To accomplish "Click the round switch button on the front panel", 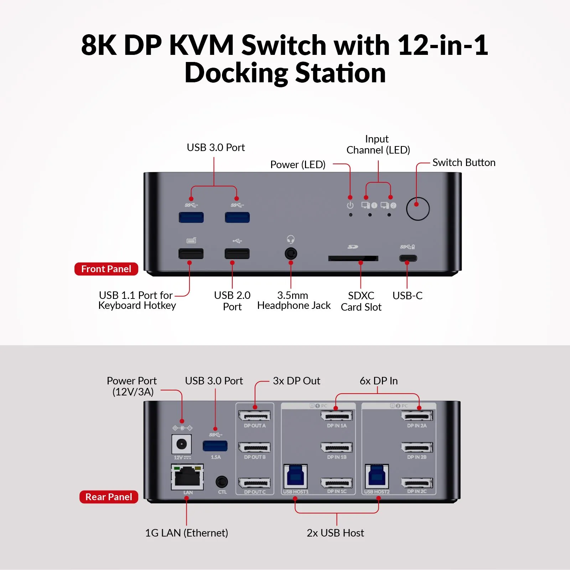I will tap(418, 209).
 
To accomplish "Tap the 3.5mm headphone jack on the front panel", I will tap(291, 254).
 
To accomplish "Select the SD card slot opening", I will tap(353, 258).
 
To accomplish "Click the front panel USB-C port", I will tap(408, 258).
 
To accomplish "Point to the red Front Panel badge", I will tap(106, 269).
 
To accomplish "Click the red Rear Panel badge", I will tap(109, 497).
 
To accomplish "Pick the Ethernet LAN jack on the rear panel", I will tap(187, 477).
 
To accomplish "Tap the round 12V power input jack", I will tap(182, 444).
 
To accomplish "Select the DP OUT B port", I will tap(254, 447).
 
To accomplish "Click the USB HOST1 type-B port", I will tap(295, 476).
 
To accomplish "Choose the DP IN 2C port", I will tap(417, 483).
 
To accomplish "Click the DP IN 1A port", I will tap(336, 416).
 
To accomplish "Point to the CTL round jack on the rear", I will tap(222, 482).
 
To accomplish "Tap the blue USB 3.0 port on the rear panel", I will tap(215, 446).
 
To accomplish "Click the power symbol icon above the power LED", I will tap(350, 205).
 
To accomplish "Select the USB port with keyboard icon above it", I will tap(191, 254).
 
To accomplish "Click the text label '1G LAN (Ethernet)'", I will tap(186, 533).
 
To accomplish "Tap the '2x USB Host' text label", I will tap(335, 533).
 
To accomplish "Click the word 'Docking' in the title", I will tap(236, 73).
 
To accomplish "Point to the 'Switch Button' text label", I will tap(463, 162).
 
